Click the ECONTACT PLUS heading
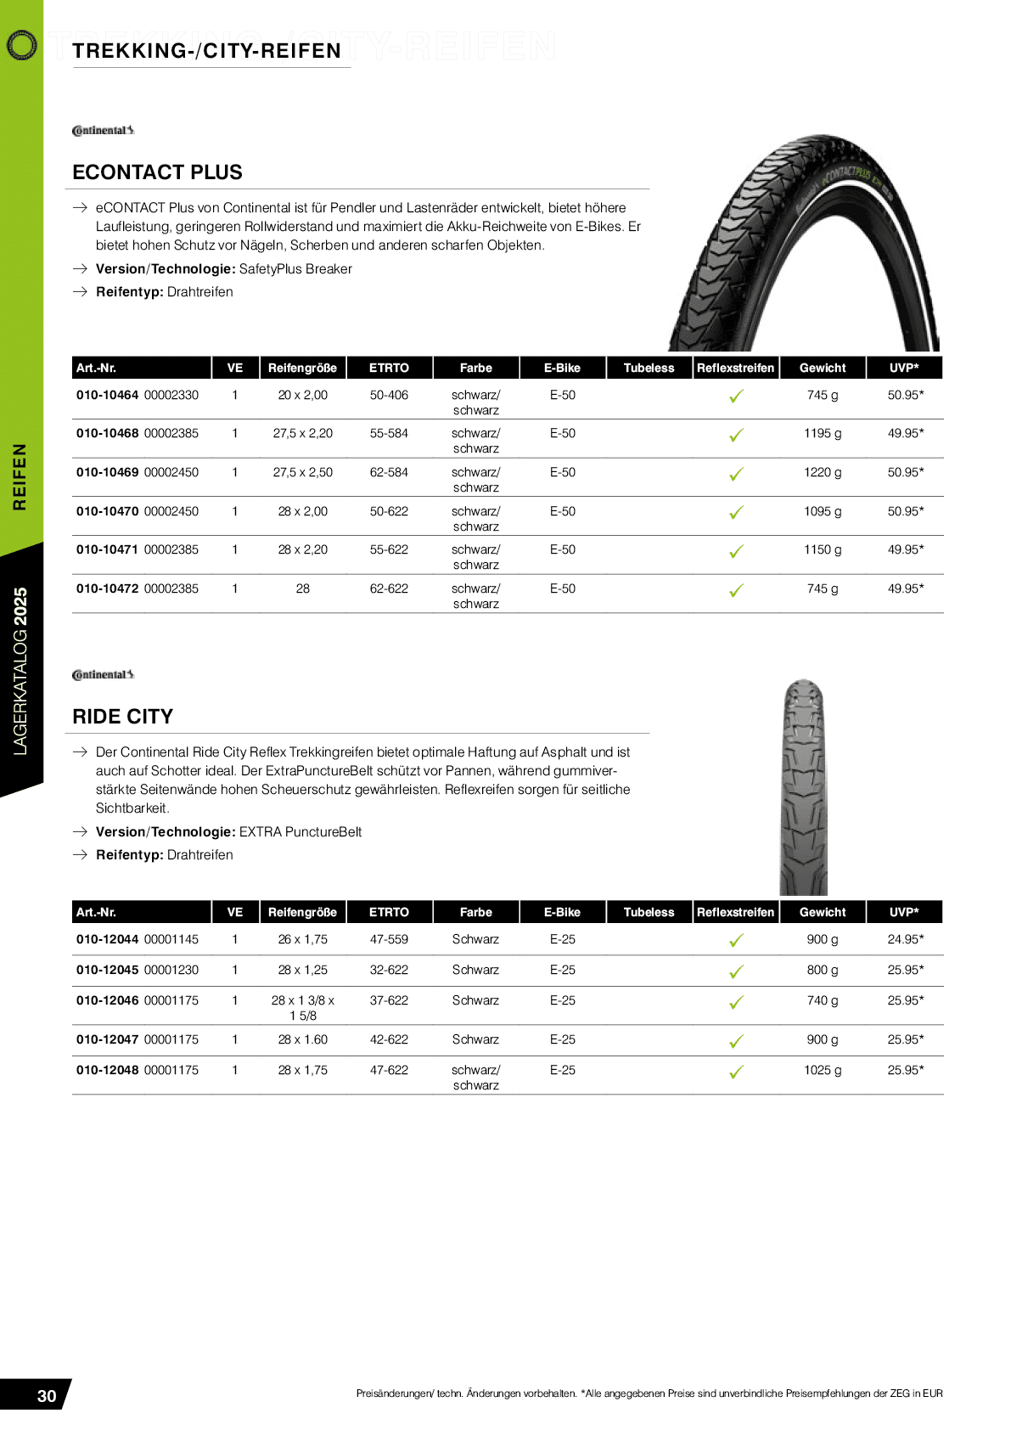157,172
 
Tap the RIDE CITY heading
122,717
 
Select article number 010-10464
107,395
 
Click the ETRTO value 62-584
389,472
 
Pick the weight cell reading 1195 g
823,433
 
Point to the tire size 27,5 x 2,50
302,472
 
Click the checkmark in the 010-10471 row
736,551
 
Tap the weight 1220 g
823,472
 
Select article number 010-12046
107,1000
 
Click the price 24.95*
905,939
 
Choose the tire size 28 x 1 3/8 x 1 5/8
303,1008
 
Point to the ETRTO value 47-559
389,939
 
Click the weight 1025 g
823,1070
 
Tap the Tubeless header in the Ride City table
649,912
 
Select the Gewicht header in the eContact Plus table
823,368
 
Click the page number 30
47,1396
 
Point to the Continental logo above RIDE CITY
103,675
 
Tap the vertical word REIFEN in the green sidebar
19,476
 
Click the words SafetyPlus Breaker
295,269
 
